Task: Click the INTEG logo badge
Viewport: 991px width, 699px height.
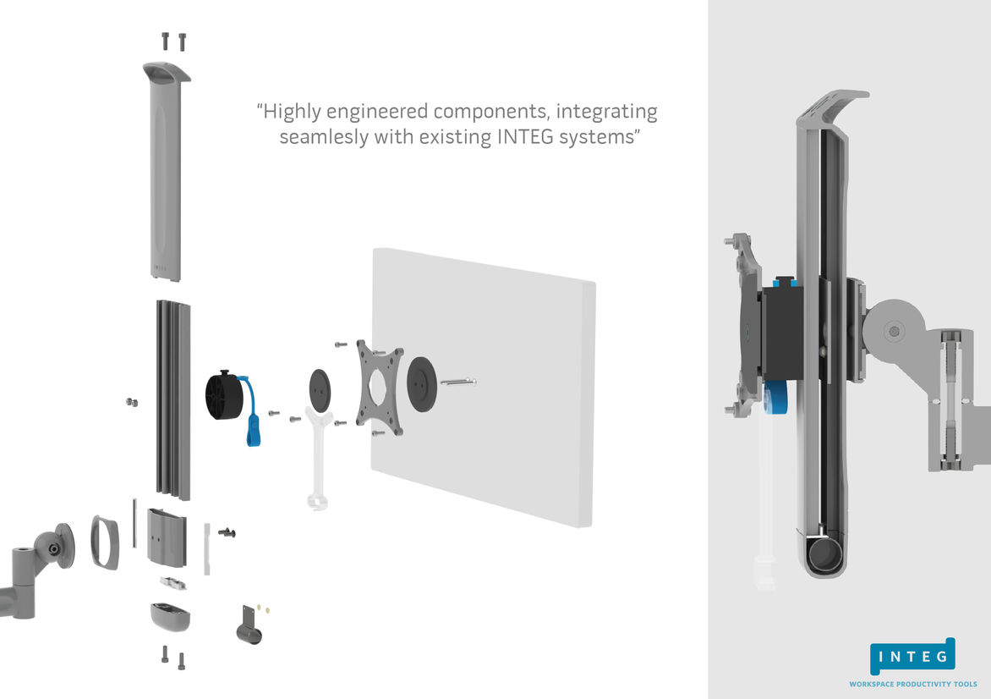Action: point(912,657)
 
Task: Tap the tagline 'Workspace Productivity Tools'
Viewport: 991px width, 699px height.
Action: point(913,684)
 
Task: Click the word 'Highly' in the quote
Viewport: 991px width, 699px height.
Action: point(293,112)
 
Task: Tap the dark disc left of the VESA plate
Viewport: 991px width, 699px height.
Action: point(320,390)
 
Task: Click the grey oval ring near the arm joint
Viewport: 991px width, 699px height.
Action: point(105,542)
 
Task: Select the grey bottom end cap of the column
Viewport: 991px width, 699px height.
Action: point(170,616)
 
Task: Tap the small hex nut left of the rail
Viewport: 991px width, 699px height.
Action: point(130,401)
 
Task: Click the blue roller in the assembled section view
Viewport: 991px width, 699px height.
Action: point(775,399)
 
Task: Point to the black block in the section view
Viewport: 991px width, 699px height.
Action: point(784,332)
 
